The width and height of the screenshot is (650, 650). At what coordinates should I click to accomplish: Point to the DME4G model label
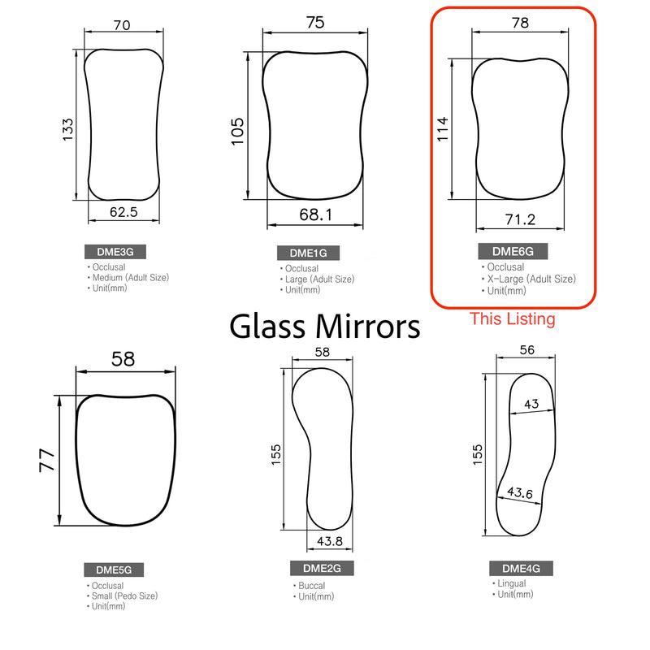(516, 568)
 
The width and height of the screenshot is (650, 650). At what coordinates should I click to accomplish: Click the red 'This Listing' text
(513, 319)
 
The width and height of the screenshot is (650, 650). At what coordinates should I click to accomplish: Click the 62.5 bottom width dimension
(123, 213)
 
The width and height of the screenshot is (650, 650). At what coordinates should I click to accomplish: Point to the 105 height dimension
(238, 130)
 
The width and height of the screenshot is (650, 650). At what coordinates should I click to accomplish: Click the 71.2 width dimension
(519, 219)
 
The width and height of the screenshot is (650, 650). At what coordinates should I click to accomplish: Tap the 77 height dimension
(47, 461)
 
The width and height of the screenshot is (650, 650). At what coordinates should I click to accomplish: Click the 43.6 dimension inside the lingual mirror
(520, 492)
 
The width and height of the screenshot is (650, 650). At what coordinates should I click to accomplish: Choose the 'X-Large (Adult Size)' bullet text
(531, 279)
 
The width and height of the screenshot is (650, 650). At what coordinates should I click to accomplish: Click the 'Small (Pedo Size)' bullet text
(125, 596)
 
